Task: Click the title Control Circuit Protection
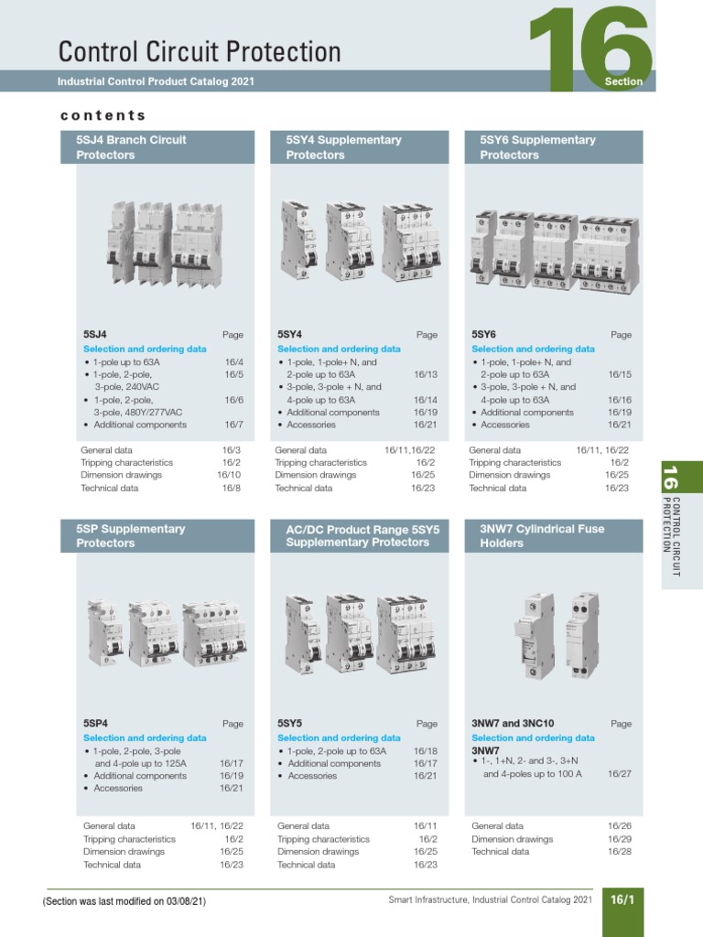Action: tap(200, 51)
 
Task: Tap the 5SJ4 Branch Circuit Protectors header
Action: tap(131, 147)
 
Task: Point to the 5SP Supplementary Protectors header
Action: tap(131, 535)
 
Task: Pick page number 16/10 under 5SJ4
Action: tap(229, 475)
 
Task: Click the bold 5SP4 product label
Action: tap(96, 723)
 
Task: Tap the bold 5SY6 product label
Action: tap(483, 335)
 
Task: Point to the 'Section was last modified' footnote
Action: tap(124, 901)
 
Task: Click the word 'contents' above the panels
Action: tap(103, 115)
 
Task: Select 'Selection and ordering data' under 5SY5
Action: tap(339, 738)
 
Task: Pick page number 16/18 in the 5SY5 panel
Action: tap(426, 750)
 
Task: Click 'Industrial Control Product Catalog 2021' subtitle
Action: tap(156, 81)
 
